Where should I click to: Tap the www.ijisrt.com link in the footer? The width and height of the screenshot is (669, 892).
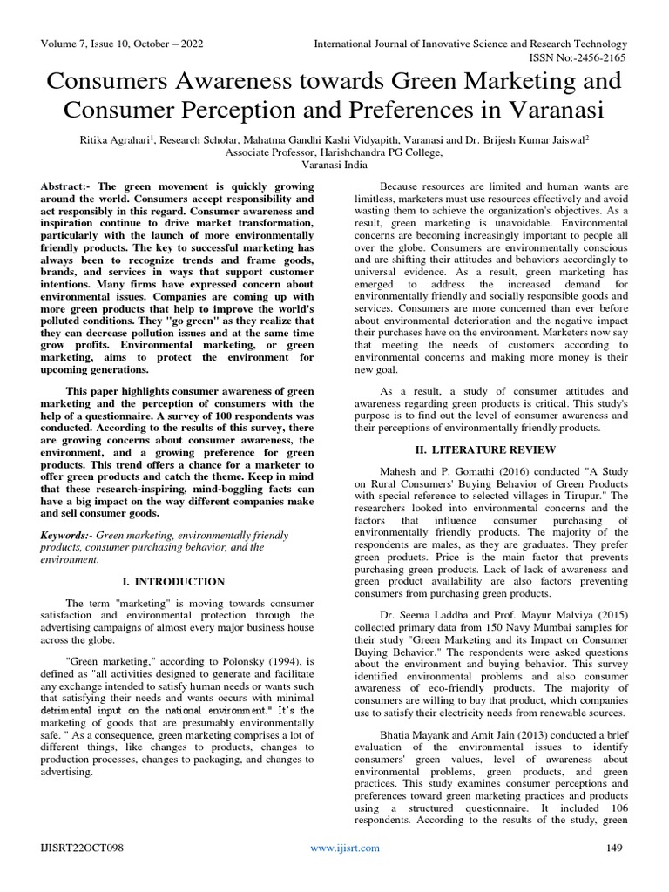click(346, 848)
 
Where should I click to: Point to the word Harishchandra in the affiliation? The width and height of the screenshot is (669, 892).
click(335, 152)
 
